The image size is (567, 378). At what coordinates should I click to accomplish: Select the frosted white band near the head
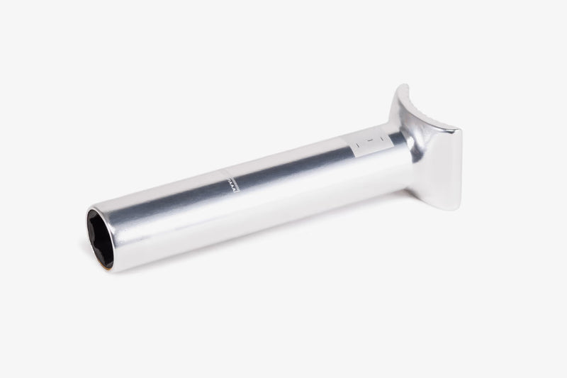point(372,143)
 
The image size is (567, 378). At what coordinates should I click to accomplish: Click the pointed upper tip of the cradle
point(405,86)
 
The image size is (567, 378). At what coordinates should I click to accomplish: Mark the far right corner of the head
point(459,130)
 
